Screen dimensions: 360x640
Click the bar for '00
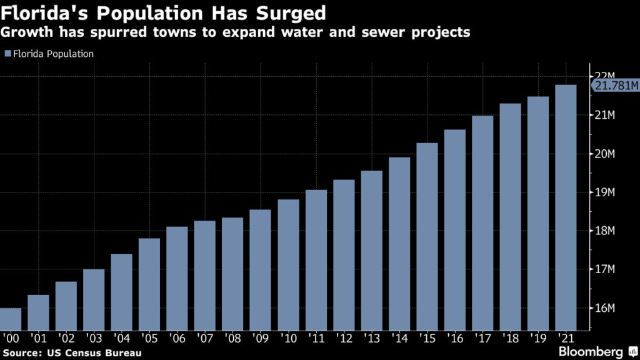click(11, 319)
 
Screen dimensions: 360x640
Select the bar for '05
click(149, 284)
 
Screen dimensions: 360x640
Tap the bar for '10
click(288, 265)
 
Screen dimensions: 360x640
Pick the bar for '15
click(427, 237)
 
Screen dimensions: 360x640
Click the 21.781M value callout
click(615, 86)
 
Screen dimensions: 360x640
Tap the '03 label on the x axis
click(94, 338)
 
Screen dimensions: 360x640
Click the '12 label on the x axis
click(344, 338)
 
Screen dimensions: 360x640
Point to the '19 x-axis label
click(538, 338)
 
